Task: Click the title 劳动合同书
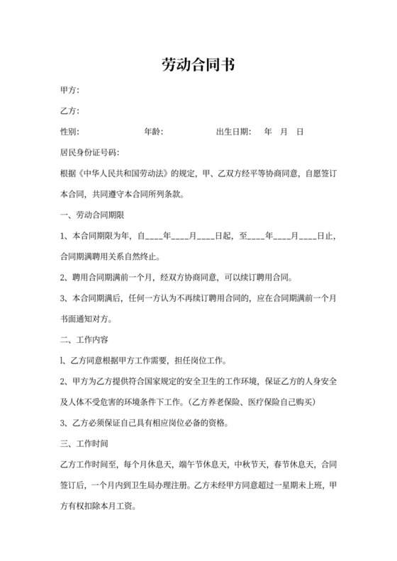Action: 198,66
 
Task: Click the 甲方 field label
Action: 69,91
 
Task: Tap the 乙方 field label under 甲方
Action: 69,111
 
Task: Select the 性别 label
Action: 69,132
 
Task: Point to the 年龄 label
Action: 153,132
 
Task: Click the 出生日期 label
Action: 233,132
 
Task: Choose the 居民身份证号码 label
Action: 90,152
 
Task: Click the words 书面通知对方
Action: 85,318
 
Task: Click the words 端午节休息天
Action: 203,465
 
